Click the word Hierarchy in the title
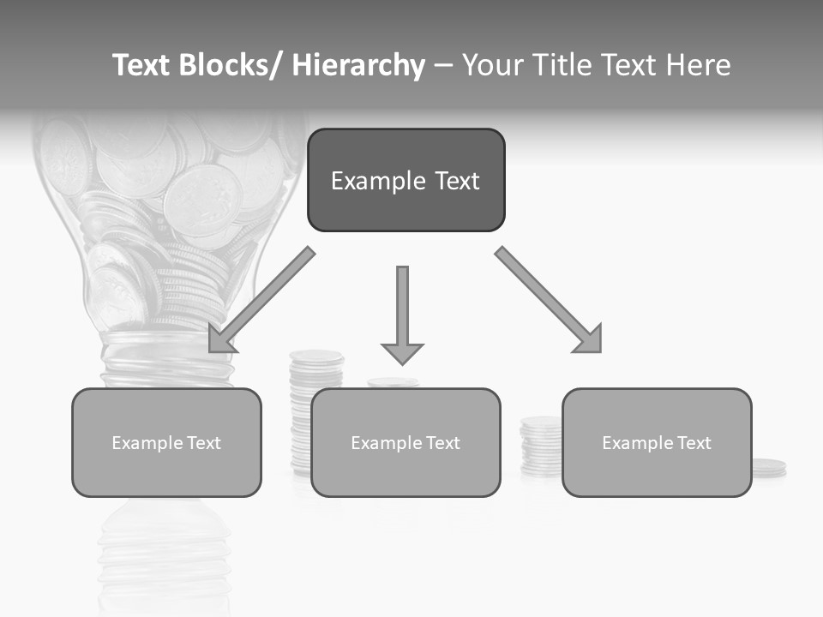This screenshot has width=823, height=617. pos(358,65)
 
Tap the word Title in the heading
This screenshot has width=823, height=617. pos(558,65)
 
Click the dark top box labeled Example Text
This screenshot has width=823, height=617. pos(405,180)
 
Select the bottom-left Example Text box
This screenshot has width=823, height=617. pos(166,442)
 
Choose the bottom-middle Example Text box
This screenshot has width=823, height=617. pos(405,442)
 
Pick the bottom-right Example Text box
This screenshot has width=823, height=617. pos(657,442)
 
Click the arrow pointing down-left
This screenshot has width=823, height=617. pos(261,301)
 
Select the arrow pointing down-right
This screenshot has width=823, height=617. pos(547,299)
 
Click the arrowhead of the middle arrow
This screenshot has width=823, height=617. pos(402,353)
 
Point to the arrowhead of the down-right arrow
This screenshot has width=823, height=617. pos(590,339)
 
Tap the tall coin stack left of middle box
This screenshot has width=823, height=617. pos(301,411)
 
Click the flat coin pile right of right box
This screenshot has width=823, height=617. pos(768,468)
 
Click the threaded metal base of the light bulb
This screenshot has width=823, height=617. pos(166,364)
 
